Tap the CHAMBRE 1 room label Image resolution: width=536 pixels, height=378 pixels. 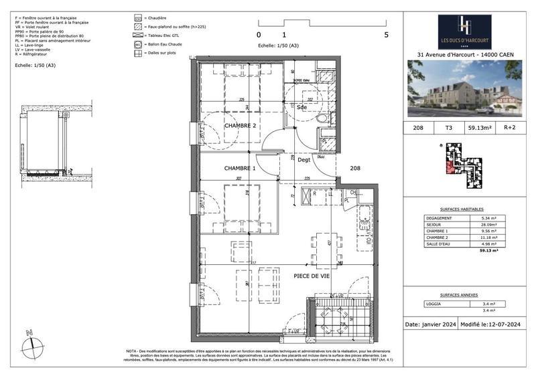pos(240,169)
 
